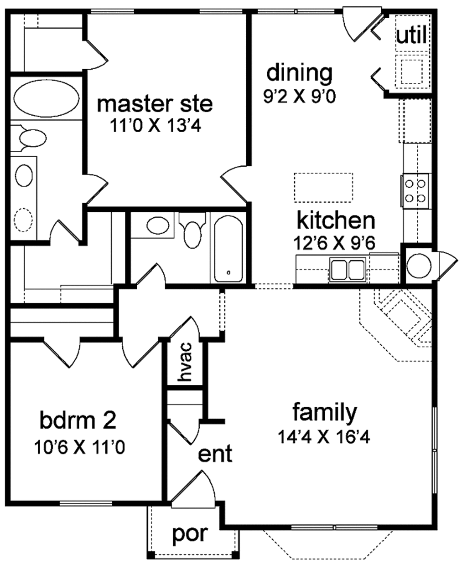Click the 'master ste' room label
(155, 104)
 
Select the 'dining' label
(299, 73)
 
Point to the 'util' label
(411, 36)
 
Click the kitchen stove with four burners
(416, 191)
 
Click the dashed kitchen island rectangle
(323, 187)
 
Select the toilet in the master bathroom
(30, 138)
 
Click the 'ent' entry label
(215, 454)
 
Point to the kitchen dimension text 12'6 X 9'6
(335, 242)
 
